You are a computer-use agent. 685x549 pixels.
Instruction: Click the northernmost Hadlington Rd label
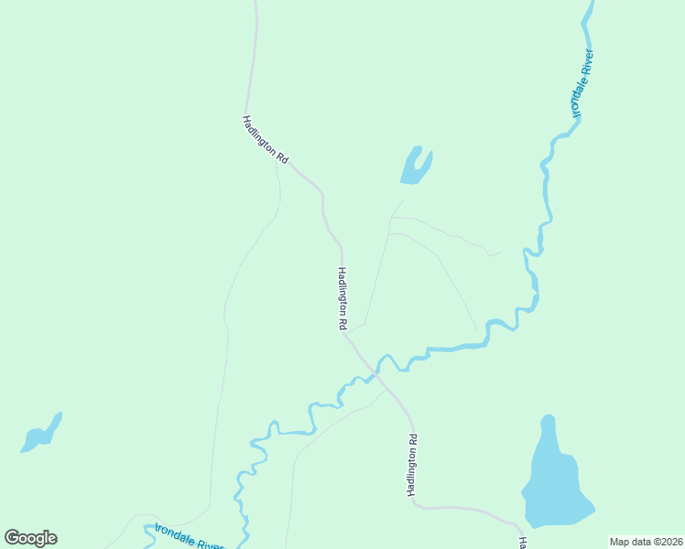[x=266, y=140]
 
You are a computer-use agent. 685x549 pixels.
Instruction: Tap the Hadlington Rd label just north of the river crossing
[x=342, y=298]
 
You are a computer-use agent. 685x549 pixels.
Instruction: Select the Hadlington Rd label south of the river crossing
[x=413, y=466]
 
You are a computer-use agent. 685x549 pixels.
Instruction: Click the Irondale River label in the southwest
[x=188, y=537]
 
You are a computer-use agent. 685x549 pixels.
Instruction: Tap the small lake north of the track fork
[x=415, y=166]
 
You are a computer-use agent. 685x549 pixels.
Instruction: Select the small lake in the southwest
[x=41, y=434]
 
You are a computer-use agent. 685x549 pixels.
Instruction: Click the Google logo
[x=30, y=538]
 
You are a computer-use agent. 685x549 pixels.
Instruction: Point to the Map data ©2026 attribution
[x=646, y=542]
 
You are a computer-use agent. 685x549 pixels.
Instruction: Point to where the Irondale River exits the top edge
[x=589, y=3]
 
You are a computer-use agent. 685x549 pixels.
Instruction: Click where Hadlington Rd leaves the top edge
[x=256, y=3]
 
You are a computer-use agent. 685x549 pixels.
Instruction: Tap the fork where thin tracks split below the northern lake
[x=391, y=218]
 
